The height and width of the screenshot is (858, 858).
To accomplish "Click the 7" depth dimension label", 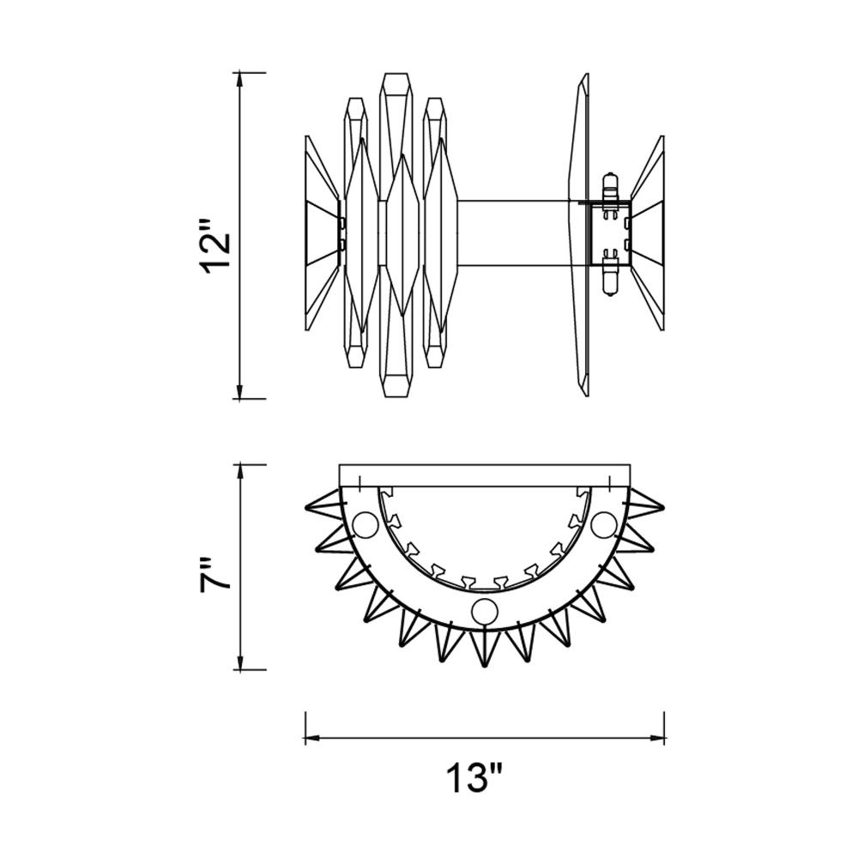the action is (x=214, y=575).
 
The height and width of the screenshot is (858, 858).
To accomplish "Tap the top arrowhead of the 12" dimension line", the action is (x=239, y=80).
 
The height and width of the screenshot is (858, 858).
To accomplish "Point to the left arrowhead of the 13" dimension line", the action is (x=313, y=738).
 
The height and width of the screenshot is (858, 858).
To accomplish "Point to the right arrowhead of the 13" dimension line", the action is (x=656, y=738).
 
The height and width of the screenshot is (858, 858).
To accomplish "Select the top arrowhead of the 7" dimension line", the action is (x=239, y=473).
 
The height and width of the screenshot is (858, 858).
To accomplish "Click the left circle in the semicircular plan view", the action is (x=365, y=525).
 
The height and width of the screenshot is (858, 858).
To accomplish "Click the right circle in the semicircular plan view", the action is (x=604, y=525).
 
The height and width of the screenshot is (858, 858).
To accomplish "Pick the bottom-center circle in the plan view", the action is (x=485, y=611).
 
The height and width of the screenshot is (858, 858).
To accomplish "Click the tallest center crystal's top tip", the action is (x=397, y=73).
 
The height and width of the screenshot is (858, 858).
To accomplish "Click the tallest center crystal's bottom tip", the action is (x=397, y=396).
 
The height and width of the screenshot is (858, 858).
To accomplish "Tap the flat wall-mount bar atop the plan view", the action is (x=485, y=475).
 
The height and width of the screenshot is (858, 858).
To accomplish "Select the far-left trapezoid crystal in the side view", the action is (x=322, y=233).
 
